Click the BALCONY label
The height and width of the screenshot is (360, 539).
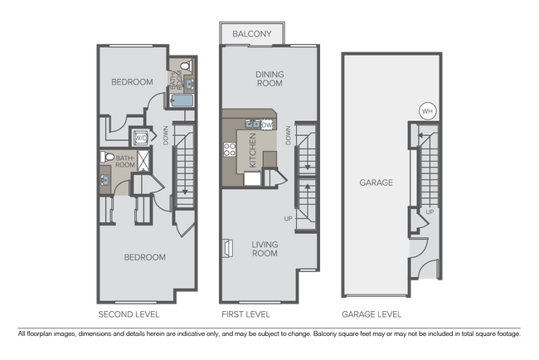tap(252, 34)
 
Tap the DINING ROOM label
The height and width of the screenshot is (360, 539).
tap(269, 79)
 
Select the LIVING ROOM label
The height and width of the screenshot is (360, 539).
tap(265, 248)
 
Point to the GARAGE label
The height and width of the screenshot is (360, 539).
tap(376, 182)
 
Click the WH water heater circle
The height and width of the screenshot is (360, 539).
tap(427, 111)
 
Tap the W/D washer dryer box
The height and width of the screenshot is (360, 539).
tap(141, 138)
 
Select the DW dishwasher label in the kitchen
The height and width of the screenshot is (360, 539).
tap(268, 125)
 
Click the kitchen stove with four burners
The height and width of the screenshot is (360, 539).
tap(230, 150)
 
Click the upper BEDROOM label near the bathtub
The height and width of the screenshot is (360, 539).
tap(132, 82)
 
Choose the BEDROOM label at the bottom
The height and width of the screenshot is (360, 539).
tap(144, 257)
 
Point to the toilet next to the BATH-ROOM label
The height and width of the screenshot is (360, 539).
tap(104, 158)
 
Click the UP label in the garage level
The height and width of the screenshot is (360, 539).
tap(429, 212)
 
